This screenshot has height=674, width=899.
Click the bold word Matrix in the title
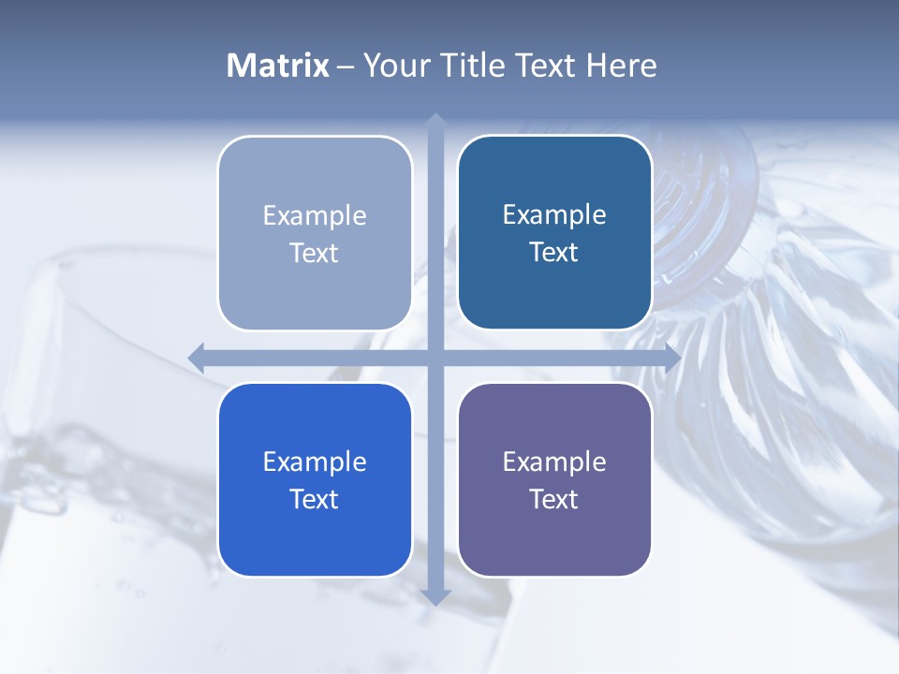(x=278, y=66)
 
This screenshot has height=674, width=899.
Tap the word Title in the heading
(x=475, y=66)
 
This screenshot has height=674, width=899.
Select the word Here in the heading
(x=621, y=66)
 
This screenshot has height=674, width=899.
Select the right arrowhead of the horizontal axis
(x=671, y=358)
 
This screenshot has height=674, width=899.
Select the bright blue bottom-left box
(x=315, y=538)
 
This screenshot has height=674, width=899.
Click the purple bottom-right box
(x=554, y=538)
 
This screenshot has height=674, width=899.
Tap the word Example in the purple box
(x=554, y=462)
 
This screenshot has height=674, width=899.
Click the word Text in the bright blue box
(x=315, y=499)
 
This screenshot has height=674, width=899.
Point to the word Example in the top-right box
(x=554, y=214)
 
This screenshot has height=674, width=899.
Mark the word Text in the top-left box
(x=315, y=253)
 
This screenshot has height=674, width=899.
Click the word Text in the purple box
(x=554, y=499)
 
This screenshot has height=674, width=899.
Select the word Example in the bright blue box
(x=315, y=462)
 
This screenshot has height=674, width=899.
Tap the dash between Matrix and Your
(x=346, y=66)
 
